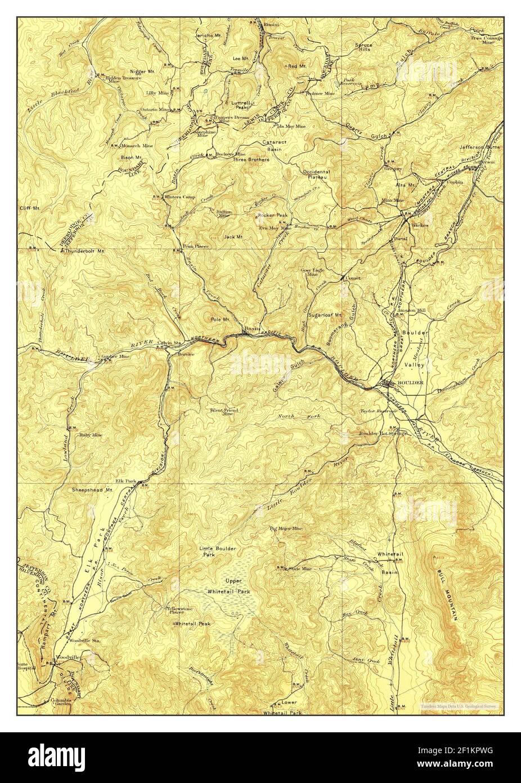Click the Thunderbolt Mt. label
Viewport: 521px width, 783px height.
[86, 251]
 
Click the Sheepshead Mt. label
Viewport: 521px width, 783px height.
[93, 491]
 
